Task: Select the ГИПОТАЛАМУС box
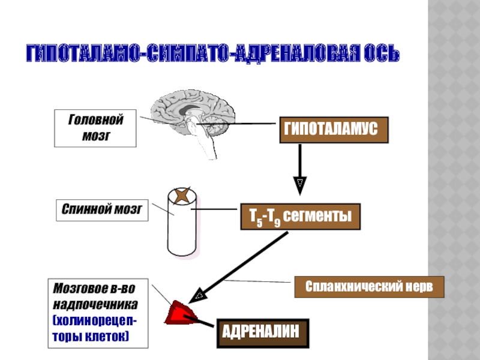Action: (334, 130)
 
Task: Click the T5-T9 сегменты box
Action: (300, 217)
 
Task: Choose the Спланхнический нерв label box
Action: (368, 287)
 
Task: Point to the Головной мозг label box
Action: (95, 128)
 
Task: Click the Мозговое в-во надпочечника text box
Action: (98, 312)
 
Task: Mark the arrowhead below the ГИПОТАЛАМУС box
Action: (300, 184)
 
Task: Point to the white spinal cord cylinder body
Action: (181, 231)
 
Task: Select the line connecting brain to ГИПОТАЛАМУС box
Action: (240, 124)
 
